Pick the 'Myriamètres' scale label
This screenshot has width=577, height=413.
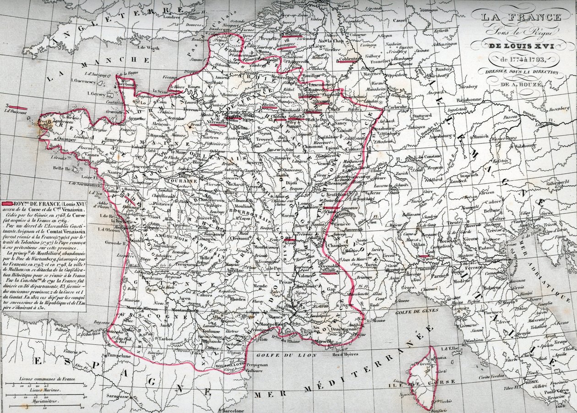coord(42,400)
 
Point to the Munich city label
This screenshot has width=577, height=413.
coord(480,137)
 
